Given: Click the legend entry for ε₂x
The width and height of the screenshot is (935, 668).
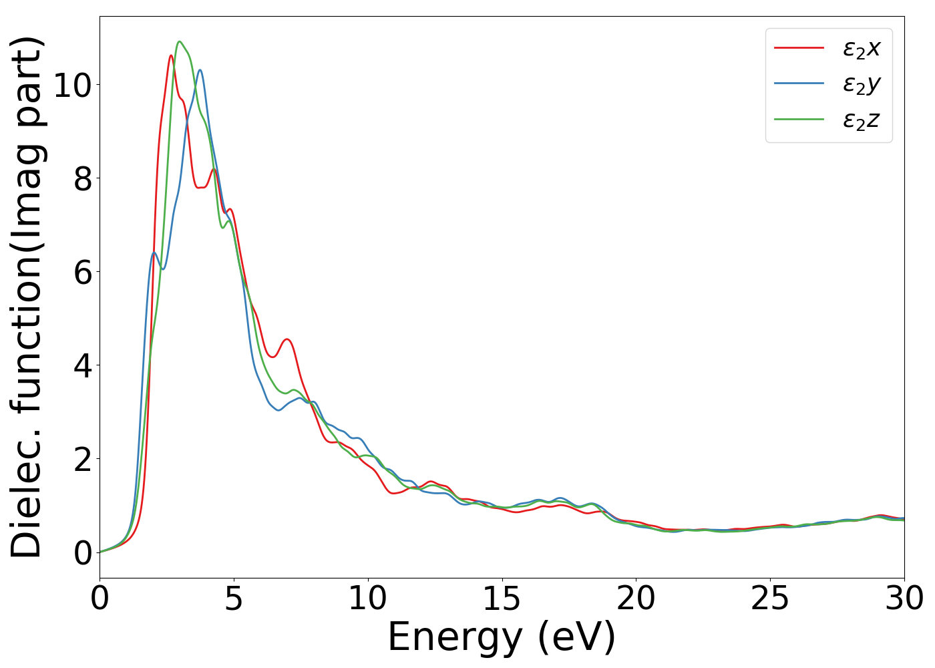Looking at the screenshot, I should [862, 48].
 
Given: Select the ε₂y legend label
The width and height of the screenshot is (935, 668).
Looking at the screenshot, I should [862, 84].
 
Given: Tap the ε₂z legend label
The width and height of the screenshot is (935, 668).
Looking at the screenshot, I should [862, 120].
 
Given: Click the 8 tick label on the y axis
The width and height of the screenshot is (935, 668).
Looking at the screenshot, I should [82, 178].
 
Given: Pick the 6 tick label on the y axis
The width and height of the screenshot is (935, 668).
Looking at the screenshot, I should [82, 272].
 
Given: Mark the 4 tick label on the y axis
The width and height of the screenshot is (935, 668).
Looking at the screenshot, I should [82, 365].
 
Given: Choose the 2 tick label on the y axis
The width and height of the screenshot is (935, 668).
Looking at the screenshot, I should [82, 459].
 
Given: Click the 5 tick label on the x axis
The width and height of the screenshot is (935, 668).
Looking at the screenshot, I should [234, 599].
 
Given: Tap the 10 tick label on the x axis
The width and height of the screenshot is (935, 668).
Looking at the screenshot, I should [368, 599].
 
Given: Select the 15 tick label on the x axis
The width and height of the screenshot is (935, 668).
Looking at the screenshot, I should [502, 599].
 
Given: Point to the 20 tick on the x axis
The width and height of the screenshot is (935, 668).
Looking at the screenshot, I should [636, 599].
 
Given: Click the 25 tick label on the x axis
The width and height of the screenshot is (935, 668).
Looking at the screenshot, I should [770, 599].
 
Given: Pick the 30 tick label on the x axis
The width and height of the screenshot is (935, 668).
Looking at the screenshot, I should [904, 599].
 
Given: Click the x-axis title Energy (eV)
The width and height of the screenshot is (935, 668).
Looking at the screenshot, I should [502, 637].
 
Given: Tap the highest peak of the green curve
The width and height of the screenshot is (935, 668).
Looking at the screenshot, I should [179, 41].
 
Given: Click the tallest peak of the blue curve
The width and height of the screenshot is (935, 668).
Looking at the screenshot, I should [200, 70].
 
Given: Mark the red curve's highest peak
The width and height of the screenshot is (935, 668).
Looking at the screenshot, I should [171, 55].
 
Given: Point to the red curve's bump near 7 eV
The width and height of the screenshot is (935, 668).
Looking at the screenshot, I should [287, 339].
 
